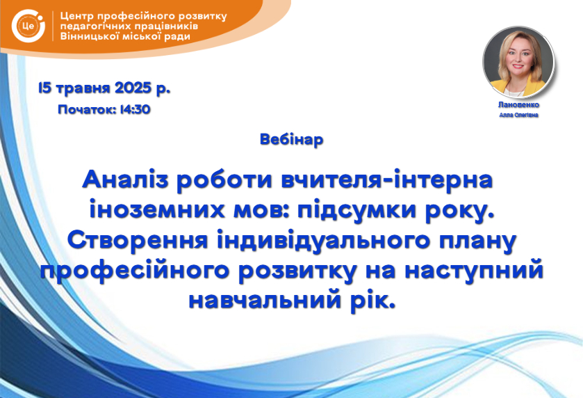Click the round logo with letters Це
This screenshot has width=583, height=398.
click(x=28, y=26)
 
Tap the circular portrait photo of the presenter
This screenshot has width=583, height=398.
click(x=518, y=62)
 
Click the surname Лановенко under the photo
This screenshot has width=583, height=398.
click(x=518, y=105)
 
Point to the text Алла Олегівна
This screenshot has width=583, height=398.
click(x=518, y=115)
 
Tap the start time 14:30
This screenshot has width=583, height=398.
click(x=136, y=109)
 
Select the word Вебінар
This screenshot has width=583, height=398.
click(x=292, y=139)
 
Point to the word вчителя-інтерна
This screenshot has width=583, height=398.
click(x=387, y=180)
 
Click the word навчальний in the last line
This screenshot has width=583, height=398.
click(x=265, y=301)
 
